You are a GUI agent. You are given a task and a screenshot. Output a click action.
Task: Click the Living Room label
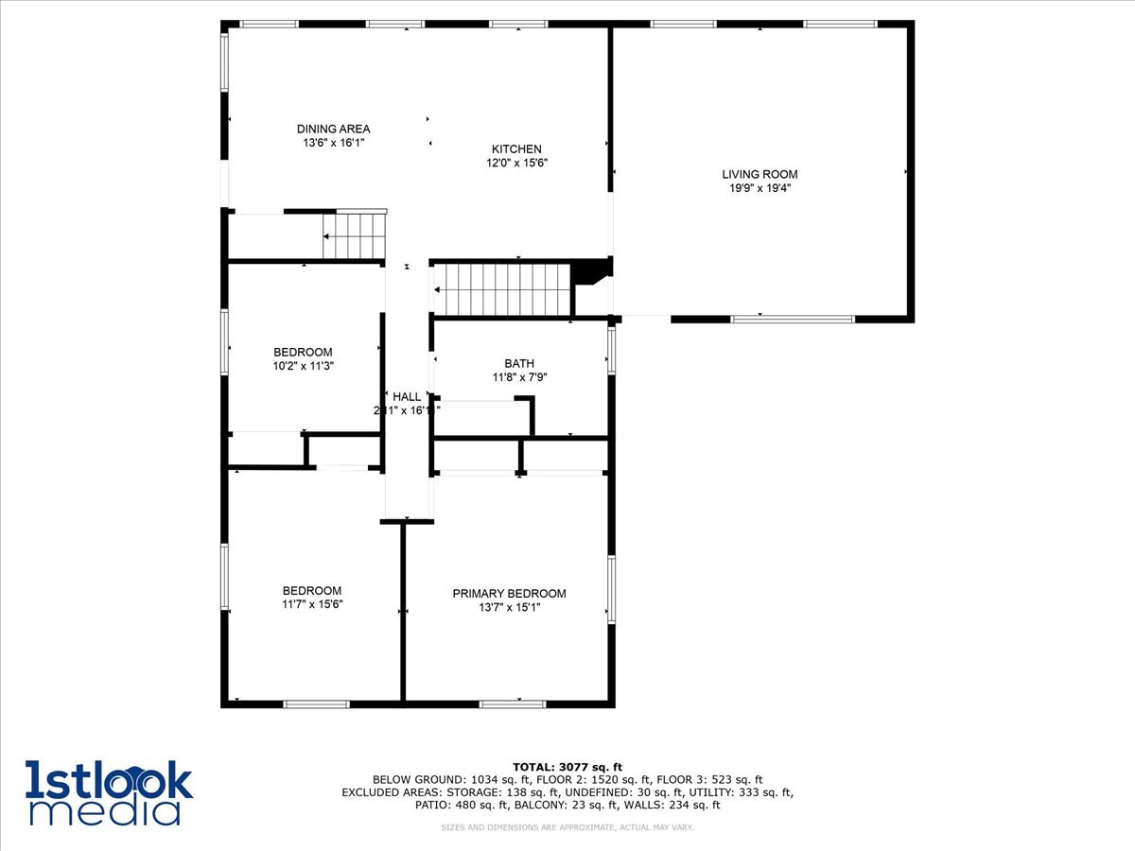pos(760,174)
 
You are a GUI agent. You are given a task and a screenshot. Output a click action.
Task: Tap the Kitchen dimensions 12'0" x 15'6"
pos(516,163)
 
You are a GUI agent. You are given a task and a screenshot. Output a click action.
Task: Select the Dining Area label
pos(333,129)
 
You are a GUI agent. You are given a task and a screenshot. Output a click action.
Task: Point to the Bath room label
pos(519,363)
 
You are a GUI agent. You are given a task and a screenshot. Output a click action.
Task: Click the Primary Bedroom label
pos(509,594)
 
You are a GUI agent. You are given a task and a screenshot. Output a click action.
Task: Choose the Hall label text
pos(407,397)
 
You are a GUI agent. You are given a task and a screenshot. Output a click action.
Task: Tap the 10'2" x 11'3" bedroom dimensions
pos(303,366)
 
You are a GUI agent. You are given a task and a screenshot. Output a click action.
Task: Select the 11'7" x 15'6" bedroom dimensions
pos(311,604)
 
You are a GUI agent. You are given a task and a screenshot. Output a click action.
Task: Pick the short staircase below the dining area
pos(355,235)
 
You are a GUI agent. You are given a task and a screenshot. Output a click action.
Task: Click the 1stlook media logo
pos(109,792)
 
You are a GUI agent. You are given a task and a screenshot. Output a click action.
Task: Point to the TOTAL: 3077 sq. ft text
pos(567,767)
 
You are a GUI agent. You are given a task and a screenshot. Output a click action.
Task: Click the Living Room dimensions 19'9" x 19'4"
pos(760,188)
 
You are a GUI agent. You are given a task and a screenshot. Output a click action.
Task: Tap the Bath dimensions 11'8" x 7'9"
pos(519,377)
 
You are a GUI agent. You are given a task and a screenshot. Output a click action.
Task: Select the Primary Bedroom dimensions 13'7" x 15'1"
pos(509,608)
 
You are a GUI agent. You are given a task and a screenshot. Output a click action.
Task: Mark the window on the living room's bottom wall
pos(793,320)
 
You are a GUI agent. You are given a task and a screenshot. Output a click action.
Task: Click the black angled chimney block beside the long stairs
pos(593,271)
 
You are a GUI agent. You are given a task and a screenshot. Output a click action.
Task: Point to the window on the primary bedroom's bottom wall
pos(513,703)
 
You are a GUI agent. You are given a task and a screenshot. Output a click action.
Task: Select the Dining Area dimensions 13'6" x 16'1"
pos(333,143)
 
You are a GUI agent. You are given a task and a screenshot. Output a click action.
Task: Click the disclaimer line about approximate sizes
pos(567,827)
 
